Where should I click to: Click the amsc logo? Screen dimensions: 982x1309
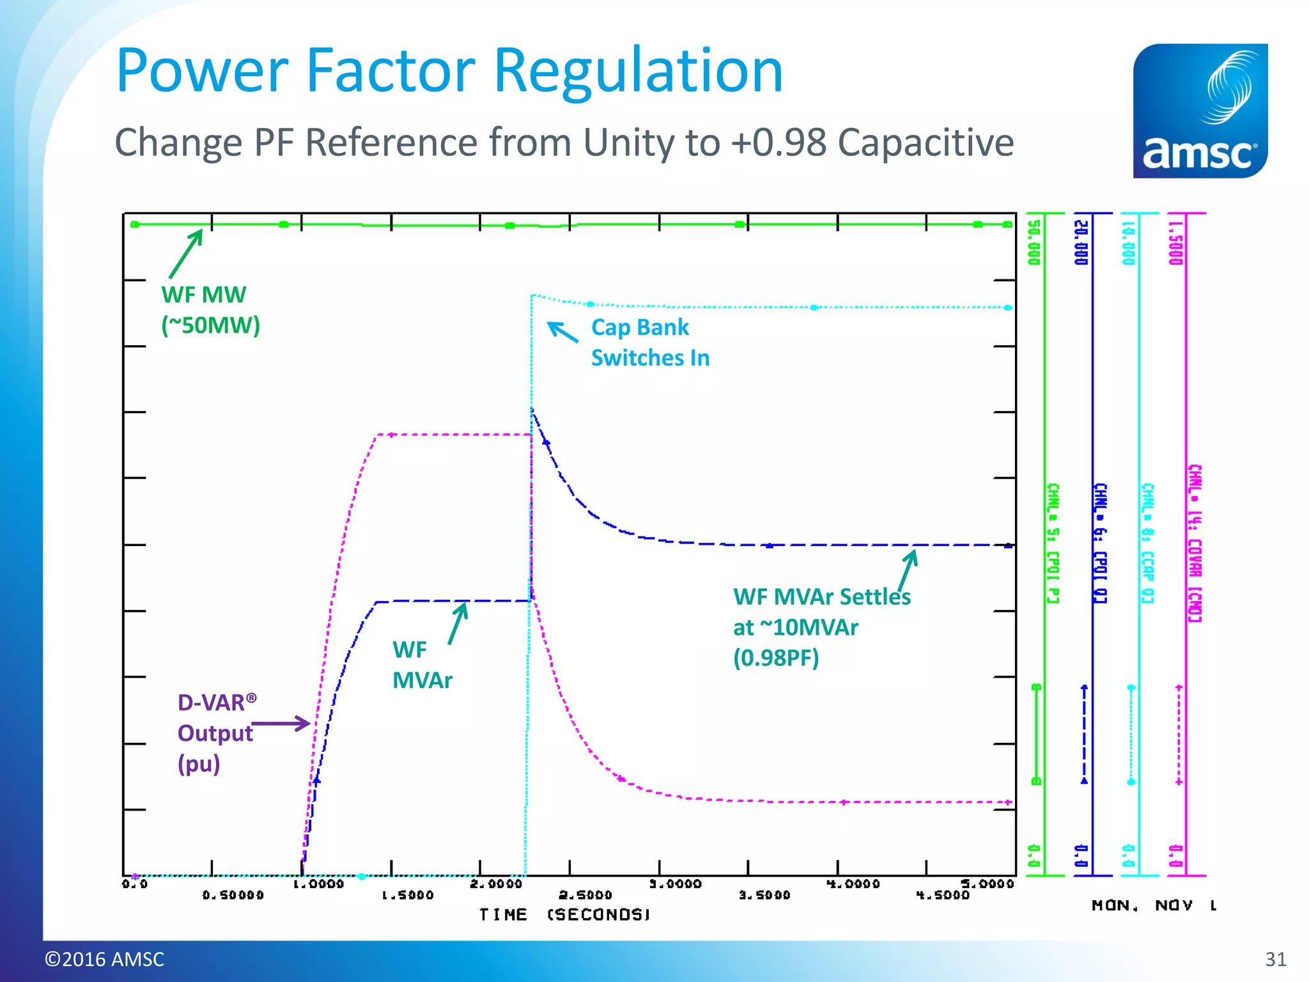click(1200, 111)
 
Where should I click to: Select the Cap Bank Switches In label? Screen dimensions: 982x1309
click(649, 343)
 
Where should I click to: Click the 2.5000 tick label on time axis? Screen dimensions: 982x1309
click(585, 895)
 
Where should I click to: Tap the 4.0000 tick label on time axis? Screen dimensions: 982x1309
click(853, 884)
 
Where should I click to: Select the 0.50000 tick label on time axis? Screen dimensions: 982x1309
click(233, 895)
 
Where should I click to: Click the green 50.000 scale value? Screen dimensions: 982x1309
click(1034, 242)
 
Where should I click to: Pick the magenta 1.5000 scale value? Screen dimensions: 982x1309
click(1175, 242)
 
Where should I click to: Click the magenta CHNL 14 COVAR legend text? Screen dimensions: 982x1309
click(1195, 543)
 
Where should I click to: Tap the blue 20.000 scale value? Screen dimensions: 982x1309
click(1080, 242)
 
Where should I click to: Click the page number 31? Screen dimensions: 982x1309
click(1275, 959)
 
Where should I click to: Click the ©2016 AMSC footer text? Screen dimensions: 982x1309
click(104, 959)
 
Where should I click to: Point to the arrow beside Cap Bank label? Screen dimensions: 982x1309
click(562, 331)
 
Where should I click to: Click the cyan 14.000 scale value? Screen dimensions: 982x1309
click(1128, 242)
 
